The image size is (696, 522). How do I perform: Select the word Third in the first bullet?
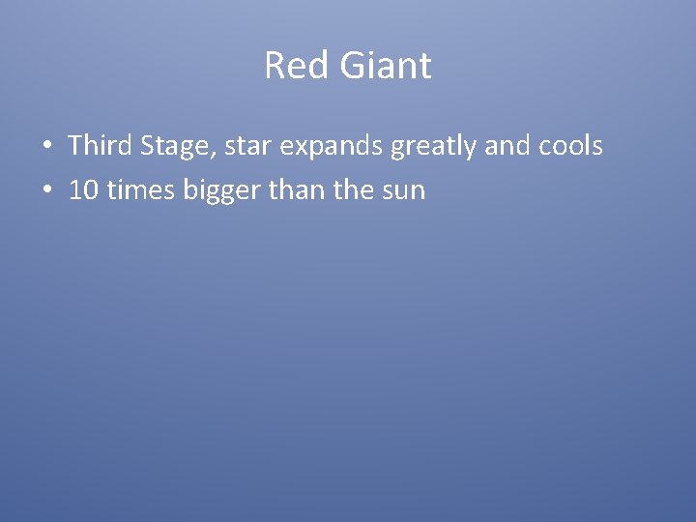[101, 146]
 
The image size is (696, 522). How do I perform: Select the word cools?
[573, 146]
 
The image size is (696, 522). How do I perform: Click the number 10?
[83, 190]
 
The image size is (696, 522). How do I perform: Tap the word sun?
[404, 191]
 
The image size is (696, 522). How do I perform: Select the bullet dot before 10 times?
[47, 191]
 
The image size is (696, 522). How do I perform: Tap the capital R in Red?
[275, 67]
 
